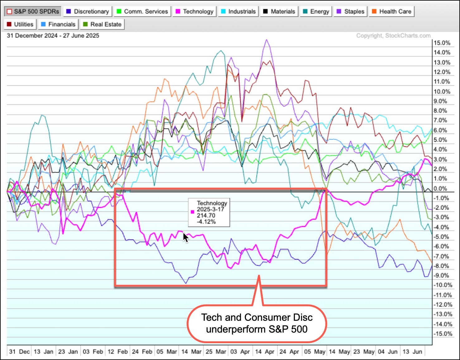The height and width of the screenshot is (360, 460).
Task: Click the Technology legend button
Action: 194,12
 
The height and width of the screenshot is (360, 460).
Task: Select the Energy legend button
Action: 316,12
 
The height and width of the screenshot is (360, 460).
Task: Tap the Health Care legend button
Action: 391,12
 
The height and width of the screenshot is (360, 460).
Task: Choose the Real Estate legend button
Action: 102,24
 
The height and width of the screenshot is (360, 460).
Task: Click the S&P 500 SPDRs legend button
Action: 33,12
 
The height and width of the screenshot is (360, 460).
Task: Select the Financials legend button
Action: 58,24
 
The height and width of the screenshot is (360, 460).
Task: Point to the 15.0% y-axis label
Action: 442,43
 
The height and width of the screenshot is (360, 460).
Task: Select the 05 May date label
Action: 314,352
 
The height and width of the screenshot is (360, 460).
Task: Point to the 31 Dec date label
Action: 19,352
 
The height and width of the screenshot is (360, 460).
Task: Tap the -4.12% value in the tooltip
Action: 206,222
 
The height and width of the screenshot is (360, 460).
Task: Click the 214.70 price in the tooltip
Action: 206,216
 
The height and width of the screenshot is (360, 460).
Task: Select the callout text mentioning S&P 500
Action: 257,323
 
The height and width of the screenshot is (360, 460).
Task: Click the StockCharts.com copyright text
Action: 393,36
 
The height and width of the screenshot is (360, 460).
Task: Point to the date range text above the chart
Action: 53,36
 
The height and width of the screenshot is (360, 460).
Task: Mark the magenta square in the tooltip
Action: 192,212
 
